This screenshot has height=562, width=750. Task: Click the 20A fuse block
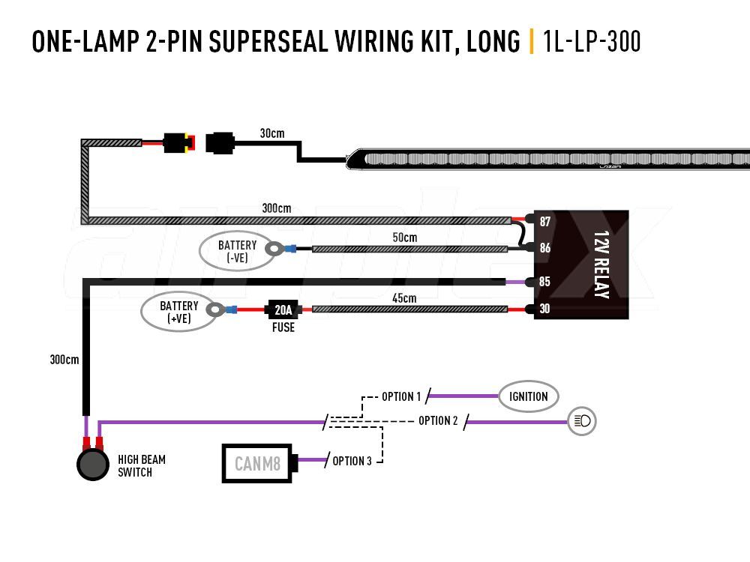pyautogui.click(x=283, y=309)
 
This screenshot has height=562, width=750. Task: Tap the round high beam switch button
pyautogui.click(x=93, y=464)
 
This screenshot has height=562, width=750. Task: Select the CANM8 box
pyautogui.click(x=257, y=463)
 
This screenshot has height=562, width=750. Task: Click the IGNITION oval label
pyautogui.click(x=528, y=396)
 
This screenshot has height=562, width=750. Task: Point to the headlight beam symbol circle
pyautogui.click(x=582, y=420)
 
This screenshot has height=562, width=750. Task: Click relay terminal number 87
pyautogui.click(x=544, y=221)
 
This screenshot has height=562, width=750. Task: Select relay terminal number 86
pyautogui.click(x=544, y=247)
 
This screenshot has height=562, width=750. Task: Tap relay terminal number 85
pyautogui.click(x=544, y=282)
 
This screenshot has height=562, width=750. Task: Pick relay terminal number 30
pyautogui.click(x=544, y=309)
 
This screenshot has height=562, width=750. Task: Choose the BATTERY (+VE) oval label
pyautogui.click(x=179, y=312)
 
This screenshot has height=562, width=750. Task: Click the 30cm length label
pyautogui.click(x=272, y=133)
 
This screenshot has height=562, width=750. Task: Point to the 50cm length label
pyautogui.click(x=405, y=238)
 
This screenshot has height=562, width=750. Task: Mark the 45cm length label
pyautogui.click(x=404, y=298)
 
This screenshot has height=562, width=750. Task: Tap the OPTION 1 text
pyautogui.click(x=400, y=396)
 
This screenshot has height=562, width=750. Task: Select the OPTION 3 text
pyautogui.click(x=352, y=461)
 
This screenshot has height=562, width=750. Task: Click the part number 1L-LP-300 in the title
pyautogui.click(x=592, y=41)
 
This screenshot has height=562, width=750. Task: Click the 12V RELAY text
pyautogui.click(x=601, y=265)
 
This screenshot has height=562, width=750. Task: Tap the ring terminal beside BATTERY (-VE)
pyautogui.click(x=274, y=249)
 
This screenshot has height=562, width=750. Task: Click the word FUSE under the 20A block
pyautogui.click(x=283, y=327)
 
